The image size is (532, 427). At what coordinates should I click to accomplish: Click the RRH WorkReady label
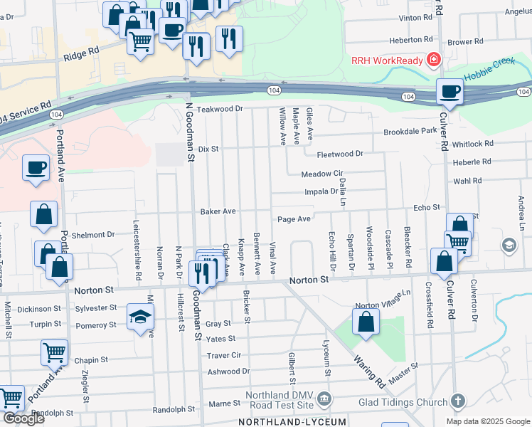387,60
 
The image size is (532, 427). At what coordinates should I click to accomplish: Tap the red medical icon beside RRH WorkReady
432,60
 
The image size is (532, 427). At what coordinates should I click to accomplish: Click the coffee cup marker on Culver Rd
449,92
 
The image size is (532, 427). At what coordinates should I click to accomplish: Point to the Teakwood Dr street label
220,109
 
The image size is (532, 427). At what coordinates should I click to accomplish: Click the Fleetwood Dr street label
339,153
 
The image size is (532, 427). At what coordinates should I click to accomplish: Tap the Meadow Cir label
321,174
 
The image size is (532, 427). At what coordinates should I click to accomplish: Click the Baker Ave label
218,211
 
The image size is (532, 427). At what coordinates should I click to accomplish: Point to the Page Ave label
294,219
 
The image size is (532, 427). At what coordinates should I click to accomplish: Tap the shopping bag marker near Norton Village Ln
365,321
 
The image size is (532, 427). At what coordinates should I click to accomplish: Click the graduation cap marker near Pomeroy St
140,316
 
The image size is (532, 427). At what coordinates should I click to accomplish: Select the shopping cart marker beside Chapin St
54,352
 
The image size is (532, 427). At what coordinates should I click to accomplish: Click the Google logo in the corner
23,418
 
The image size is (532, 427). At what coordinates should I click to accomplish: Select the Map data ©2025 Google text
487,421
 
